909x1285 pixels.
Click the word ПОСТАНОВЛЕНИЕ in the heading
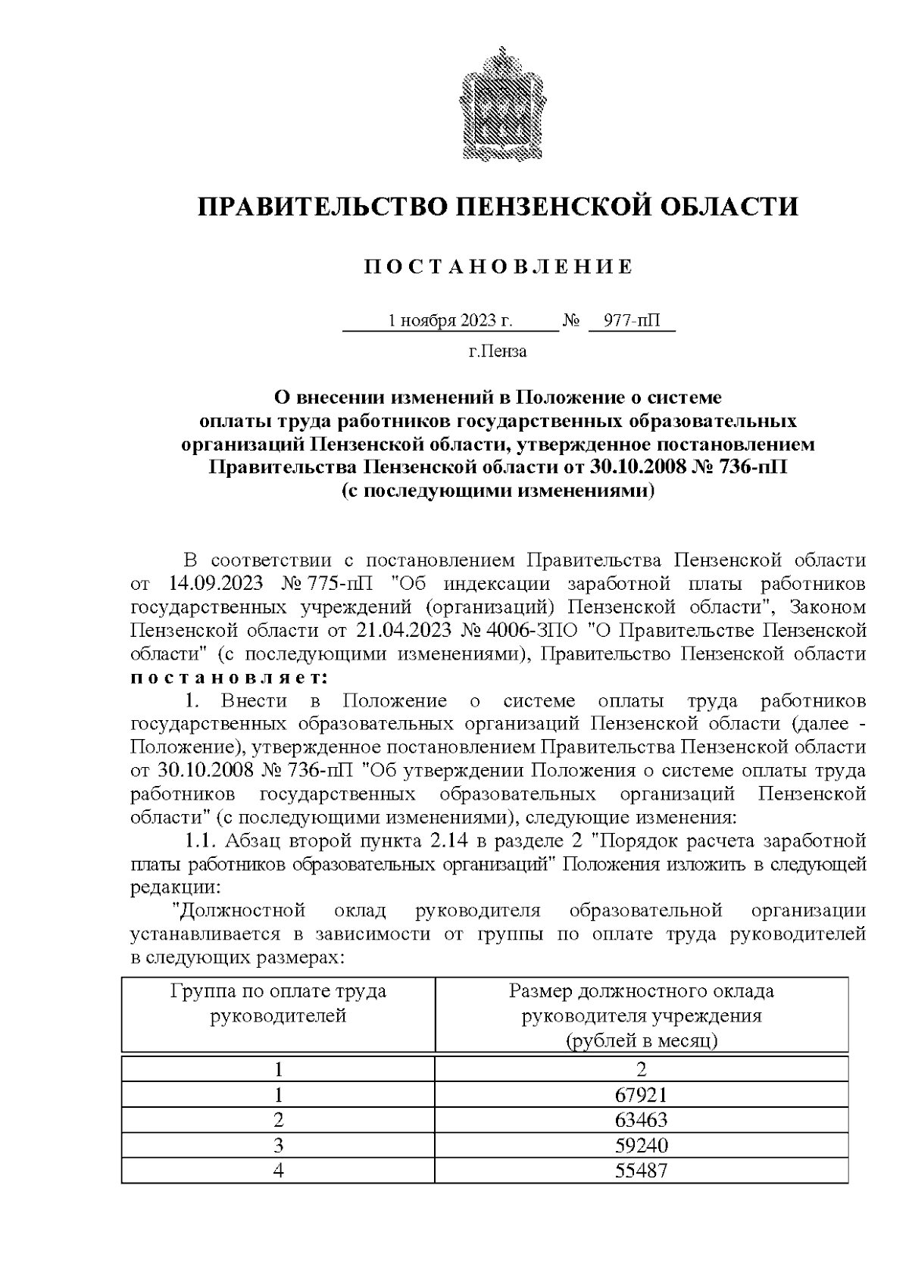(498, 267)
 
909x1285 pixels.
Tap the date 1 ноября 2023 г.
(450, 320)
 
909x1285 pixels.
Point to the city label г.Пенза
(498, 351)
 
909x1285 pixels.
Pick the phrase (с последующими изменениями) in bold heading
(498, 490)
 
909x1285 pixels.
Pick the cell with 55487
(641, 1170)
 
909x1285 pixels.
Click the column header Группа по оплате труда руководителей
(278, 1003)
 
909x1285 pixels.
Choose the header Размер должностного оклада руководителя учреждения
(641, 1015)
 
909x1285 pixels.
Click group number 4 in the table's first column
(278, 1170)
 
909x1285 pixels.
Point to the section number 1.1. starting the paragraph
(201, 841)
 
